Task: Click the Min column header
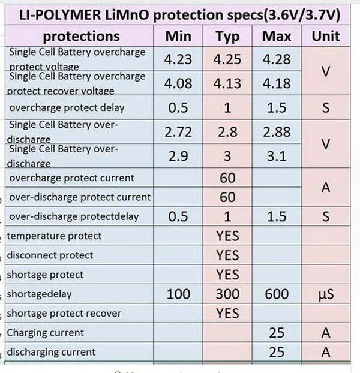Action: pyautogui.click(x=178, y=37)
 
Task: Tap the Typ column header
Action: pyautogui.click(x=227, y=37)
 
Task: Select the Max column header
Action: pyautogui.click(x=277, y=37)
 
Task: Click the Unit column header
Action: pyautogui.click(x=326, y=37)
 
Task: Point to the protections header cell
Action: pyautogui.click(x=82, y=37)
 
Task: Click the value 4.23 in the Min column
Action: pyautogui.click(x=178, y=59)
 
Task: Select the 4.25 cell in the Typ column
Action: pyautogui.click(x=227, y=59)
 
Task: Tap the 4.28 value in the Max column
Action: pyautogui.click(x=277, y=59)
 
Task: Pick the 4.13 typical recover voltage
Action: pyautogui.click(x=227, y=84)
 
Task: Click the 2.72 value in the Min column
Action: pyautogui.click(x=178, y=132)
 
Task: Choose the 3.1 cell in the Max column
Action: pyautogui.click(x=277, y=157)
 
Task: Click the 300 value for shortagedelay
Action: pyautogui.click(x=227, y=294)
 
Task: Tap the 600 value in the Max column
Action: pyautogui.click(x=277, y=294)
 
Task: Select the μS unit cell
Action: pyautogui.click(x=326, y=294)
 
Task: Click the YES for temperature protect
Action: pyautogui.click(x=227, y=236)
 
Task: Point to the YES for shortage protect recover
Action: pyautogui.click(x=227, y=313)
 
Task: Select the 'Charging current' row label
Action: pyautogui.click(x=45, y=333)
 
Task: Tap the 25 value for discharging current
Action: pyautogui.click(x=277, y=352)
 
